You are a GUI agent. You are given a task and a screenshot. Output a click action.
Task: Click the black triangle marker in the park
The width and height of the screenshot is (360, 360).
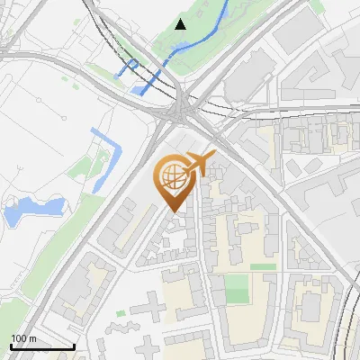coord(181,23)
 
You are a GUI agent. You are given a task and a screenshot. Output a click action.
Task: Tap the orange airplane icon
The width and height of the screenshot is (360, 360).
coord(198,164)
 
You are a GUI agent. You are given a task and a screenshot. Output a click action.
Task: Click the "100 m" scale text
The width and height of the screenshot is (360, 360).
coord(22,337)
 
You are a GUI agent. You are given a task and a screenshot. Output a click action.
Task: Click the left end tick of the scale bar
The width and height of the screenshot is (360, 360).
coord(11,345)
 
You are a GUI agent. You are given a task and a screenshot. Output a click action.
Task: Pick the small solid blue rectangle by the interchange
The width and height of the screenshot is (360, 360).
coord(140,89)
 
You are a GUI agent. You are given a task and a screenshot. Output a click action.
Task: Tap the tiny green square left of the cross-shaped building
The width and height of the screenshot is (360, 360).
coord(121,313)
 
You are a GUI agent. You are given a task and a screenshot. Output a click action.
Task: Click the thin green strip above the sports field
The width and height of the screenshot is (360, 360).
coord(263,266)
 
